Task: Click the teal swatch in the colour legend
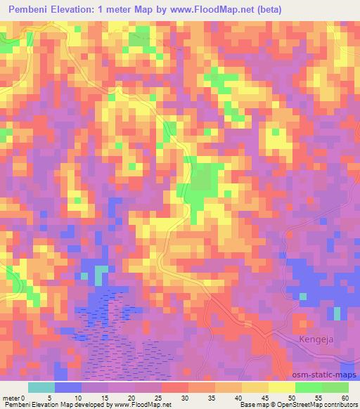pyautogui.click(x=41, y=387)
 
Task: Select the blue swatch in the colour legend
pyautogui.click(x=68, y=387)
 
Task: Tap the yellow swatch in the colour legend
pyautogui.click(x=282, y=387)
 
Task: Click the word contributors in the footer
pyautogui.click(x=341, y=405)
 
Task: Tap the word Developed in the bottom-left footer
pyautogui.click(x=90, y=405)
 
